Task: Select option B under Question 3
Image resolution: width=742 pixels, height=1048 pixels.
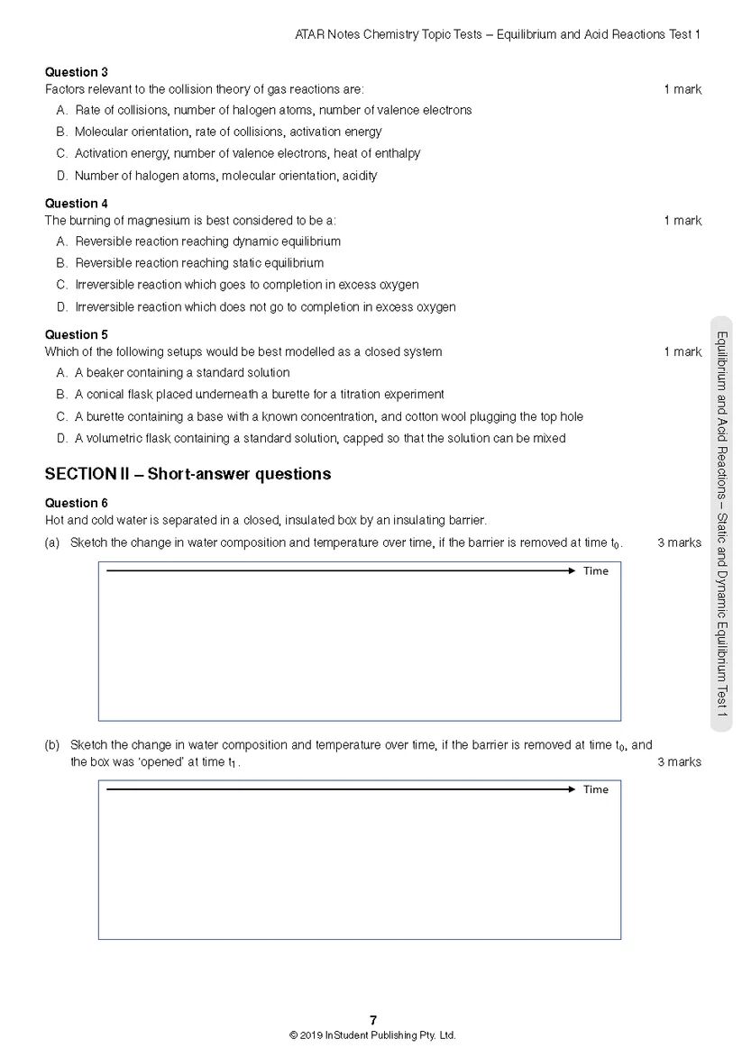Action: [228, 132]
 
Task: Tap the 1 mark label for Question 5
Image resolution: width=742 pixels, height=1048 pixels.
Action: [682, 351]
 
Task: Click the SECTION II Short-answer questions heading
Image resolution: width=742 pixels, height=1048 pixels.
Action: [188, 474]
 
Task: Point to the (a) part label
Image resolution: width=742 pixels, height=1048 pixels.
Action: [52, 542]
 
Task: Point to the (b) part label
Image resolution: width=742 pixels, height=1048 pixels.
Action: [52, 745]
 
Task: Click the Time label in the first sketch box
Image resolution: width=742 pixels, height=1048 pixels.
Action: [596, 571]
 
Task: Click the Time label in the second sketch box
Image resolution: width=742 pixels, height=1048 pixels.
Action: [596, 790]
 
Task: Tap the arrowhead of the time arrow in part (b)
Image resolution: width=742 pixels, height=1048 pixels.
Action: [571, 789]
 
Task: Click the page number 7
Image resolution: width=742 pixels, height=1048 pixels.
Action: [372, 1020]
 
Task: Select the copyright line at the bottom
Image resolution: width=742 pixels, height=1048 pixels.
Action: [372, 1035]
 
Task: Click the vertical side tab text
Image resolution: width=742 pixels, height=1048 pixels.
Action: [721, 523]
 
